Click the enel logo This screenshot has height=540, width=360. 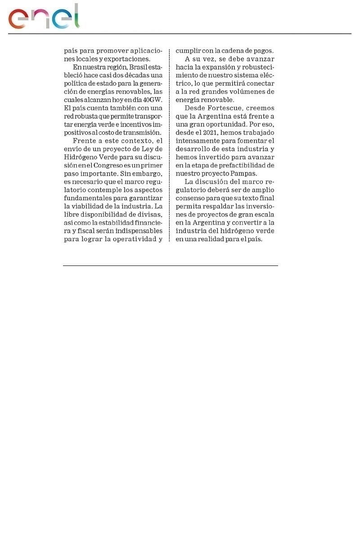coord(44,17)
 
